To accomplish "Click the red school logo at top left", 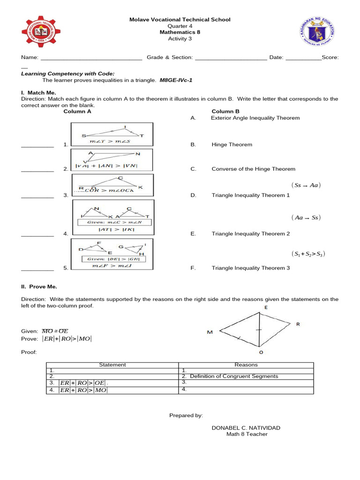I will [x=40, y=32].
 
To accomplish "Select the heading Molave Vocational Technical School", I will [x=180, y=20].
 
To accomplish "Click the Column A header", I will [x=77, y=112].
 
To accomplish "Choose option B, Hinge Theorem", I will [x=232, y=145].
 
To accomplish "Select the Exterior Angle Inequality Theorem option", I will [x=255, y=118].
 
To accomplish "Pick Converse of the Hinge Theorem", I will [x=253, y=169].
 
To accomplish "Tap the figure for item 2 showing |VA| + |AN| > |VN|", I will [x=112, y=159].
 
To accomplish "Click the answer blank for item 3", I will [x=37, y=196].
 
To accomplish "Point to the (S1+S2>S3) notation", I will [x=308, y=254].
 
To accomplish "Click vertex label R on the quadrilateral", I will [x=298, y=324].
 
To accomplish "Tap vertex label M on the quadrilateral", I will [x=210, y=332].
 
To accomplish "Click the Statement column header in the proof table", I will [x=112, y=365].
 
